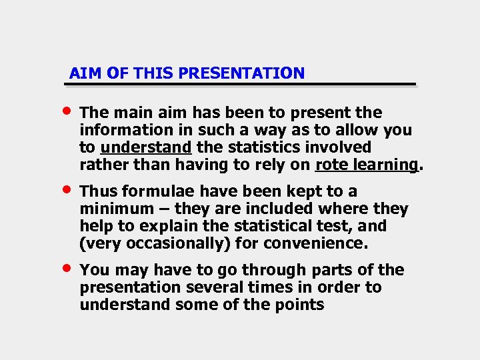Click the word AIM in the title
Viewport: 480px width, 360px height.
coord(81,73)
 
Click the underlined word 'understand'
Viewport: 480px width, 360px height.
coord(146,147)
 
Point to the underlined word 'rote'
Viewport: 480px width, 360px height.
coord(331,165)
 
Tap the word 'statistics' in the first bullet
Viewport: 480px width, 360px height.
coord(257,147)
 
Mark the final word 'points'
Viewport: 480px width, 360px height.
coord(299,305)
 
